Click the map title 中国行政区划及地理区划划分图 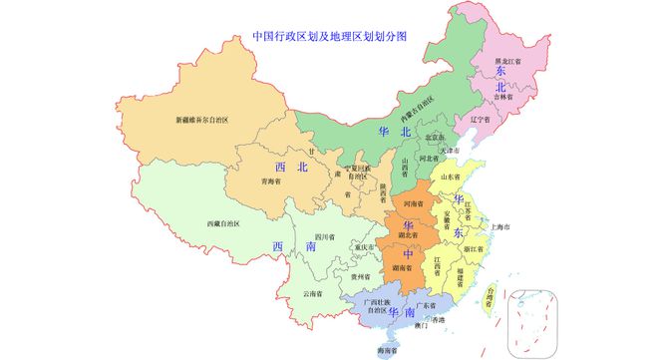tap(329, 36)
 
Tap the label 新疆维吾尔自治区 tap(202, 120)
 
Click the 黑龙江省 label tap(510, 61)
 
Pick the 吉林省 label tap(502, 98)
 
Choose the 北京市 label tap(435, 138)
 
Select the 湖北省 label tap(410, 235)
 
